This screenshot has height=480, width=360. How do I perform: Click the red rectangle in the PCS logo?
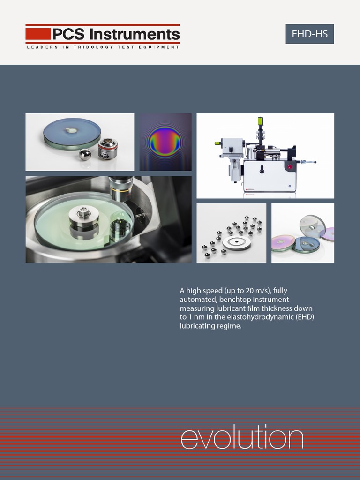(x=38, y=34)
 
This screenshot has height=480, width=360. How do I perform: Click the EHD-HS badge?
(x=309, y=34)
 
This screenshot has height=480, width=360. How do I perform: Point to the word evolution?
(x=242, y=437)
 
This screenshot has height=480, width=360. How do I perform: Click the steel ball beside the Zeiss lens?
(x=85, y=154)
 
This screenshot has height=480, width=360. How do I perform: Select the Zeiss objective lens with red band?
(x=108, y=149)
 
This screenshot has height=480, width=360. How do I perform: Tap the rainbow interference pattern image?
(x=165, y=142)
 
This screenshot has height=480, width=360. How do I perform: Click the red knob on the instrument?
(x=290, y=167)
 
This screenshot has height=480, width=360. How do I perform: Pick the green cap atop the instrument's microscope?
(x=260, y=121)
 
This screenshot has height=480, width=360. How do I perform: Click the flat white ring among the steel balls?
(x=236, y=242)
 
